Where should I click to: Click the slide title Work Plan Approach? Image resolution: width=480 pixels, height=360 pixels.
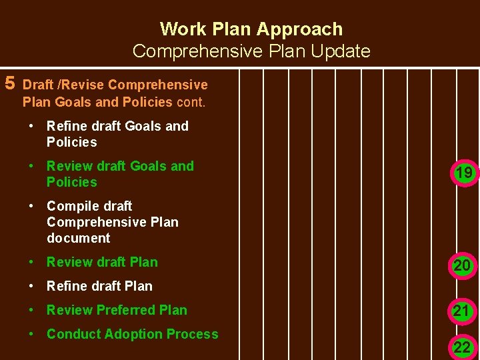click(x=251, y=29)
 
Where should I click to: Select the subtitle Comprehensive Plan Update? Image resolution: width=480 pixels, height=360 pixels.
click(x=251, y=51)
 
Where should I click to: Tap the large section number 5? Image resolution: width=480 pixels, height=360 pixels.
click(x=10, y=83)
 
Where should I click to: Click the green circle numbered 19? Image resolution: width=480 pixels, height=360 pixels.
click(x=463, y=173)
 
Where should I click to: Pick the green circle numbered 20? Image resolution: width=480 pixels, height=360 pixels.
click(x=462, y=266)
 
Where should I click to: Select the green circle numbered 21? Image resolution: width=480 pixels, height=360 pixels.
click(x=462, y=311)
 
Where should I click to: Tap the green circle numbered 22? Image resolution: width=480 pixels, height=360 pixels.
click(x=462, y=347)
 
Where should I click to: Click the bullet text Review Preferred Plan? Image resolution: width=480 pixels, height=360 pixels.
click(x=117, y=310)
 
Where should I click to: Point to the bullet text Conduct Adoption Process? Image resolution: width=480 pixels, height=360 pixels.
click(x=132, y=334)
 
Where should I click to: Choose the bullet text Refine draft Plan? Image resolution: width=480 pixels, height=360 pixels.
click(x=99, y=286)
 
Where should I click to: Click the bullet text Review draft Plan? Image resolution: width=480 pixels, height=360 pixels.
click(x=102, y=262)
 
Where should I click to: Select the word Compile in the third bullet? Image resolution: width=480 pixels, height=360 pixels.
click(x=69, y=206)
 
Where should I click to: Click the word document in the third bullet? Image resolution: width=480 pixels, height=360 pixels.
click(x=78, y=238)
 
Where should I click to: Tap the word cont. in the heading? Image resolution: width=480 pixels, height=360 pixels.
click(x=191, y=102)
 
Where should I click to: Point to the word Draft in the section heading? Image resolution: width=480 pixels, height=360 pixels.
click(x=39, y=85)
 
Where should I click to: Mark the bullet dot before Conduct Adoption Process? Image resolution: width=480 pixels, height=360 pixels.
click(x=32, y=333)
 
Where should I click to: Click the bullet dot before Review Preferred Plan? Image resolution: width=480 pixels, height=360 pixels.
click(x=32, y=309)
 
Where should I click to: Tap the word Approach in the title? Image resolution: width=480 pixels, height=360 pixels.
click(x=299, y=29)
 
